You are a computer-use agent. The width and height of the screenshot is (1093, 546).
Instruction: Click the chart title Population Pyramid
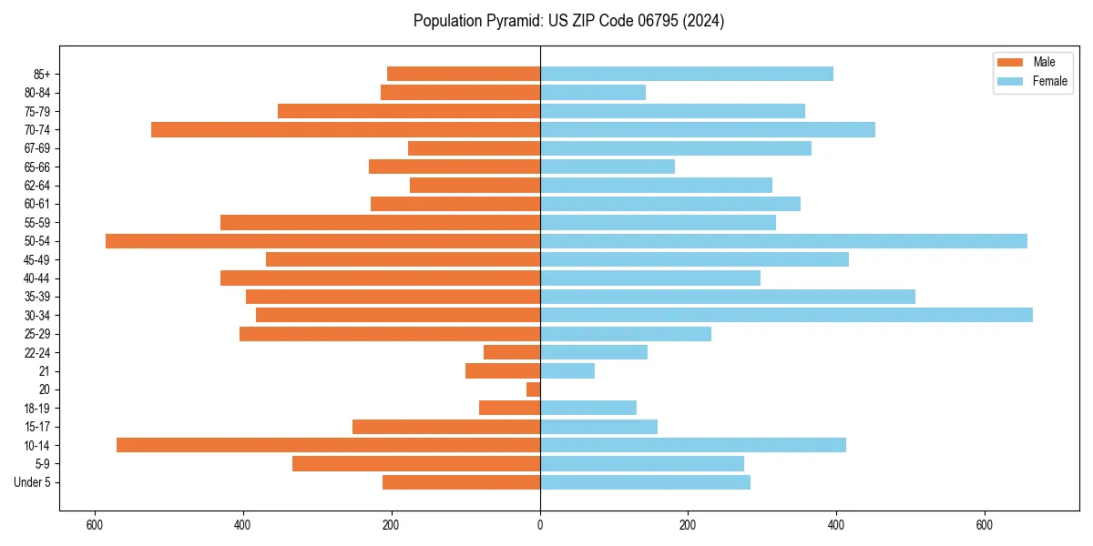568,21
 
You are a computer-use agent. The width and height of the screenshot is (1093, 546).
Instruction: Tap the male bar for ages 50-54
322,241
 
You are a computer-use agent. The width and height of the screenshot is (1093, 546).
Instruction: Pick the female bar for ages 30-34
786,315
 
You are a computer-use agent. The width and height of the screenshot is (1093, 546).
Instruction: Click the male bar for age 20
533,389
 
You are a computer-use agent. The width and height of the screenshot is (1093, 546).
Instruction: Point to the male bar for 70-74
345,129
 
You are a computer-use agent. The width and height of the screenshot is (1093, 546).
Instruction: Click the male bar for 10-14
328,445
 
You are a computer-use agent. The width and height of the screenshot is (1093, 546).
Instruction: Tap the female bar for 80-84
593,92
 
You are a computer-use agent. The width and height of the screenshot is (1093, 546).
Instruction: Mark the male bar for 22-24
512,352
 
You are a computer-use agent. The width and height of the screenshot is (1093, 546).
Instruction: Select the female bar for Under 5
645,482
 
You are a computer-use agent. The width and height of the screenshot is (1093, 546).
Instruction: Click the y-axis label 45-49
37,259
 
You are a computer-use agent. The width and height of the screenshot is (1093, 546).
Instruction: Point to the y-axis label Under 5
32,482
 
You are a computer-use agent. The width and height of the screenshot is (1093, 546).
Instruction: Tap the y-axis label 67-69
37,148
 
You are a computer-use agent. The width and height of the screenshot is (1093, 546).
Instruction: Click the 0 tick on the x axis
540,525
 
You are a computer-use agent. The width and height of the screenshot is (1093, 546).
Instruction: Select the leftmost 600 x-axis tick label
94,525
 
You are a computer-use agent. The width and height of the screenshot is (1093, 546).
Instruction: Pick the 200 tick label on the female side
688,525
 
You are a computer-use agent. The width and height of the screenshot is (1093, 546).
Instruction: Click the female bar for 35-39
728,297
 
